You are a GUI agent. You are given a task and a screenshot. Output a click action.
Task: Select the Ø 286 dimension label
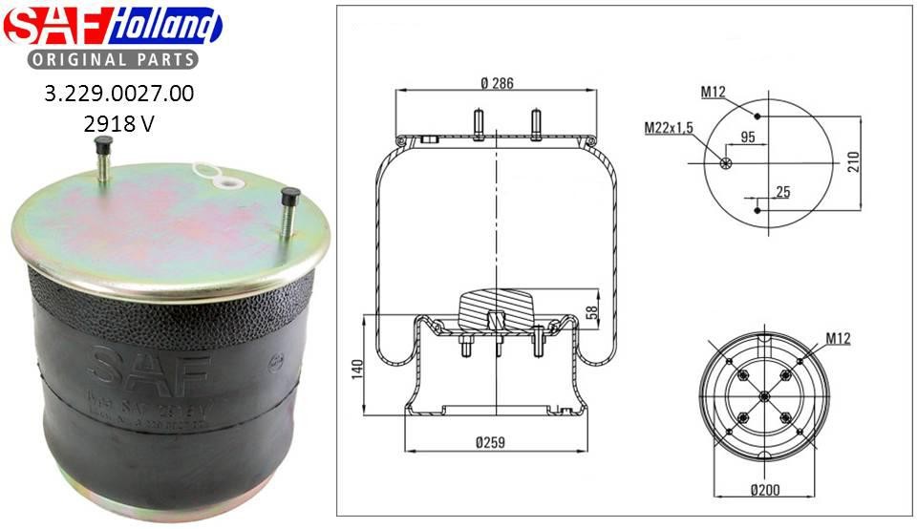pos(497,82)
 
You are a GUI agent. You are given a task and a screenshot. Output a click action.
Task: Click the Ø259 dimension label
pos(489,441)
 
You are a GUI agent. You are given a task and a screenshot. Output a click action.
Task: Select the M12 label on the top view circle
pos(713,93)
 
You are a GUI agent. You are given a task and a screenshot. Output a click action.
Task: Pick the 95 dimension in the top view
pos(748,138)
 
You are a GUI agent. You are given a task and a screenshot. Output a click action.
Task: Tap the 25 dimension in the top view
pos(783,192)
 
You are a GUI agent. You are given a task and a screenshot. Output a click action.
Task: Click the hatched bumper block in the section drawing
pos(495,307)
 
